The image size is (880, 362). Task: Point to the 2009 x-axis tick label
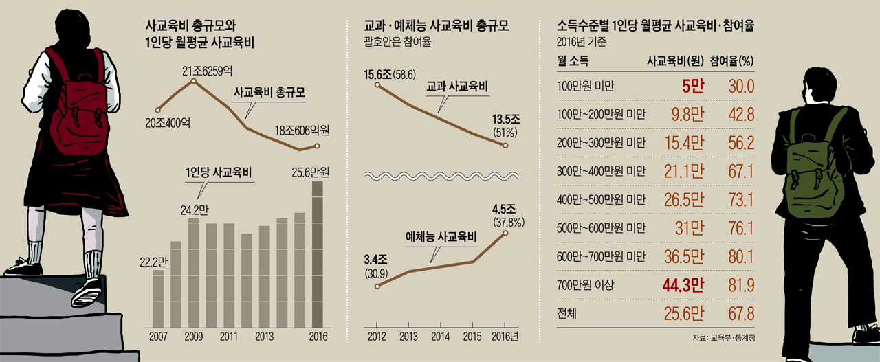pos(194,337)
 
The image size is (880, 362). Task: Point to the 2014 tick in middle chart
pos(440,337)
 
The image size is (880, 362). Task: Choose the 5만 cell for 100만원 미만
pos(692,86)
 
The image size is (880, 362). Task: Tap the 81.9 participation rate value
pos(742,284)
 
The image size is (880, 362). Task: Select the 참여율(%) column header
pos(731,60)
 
